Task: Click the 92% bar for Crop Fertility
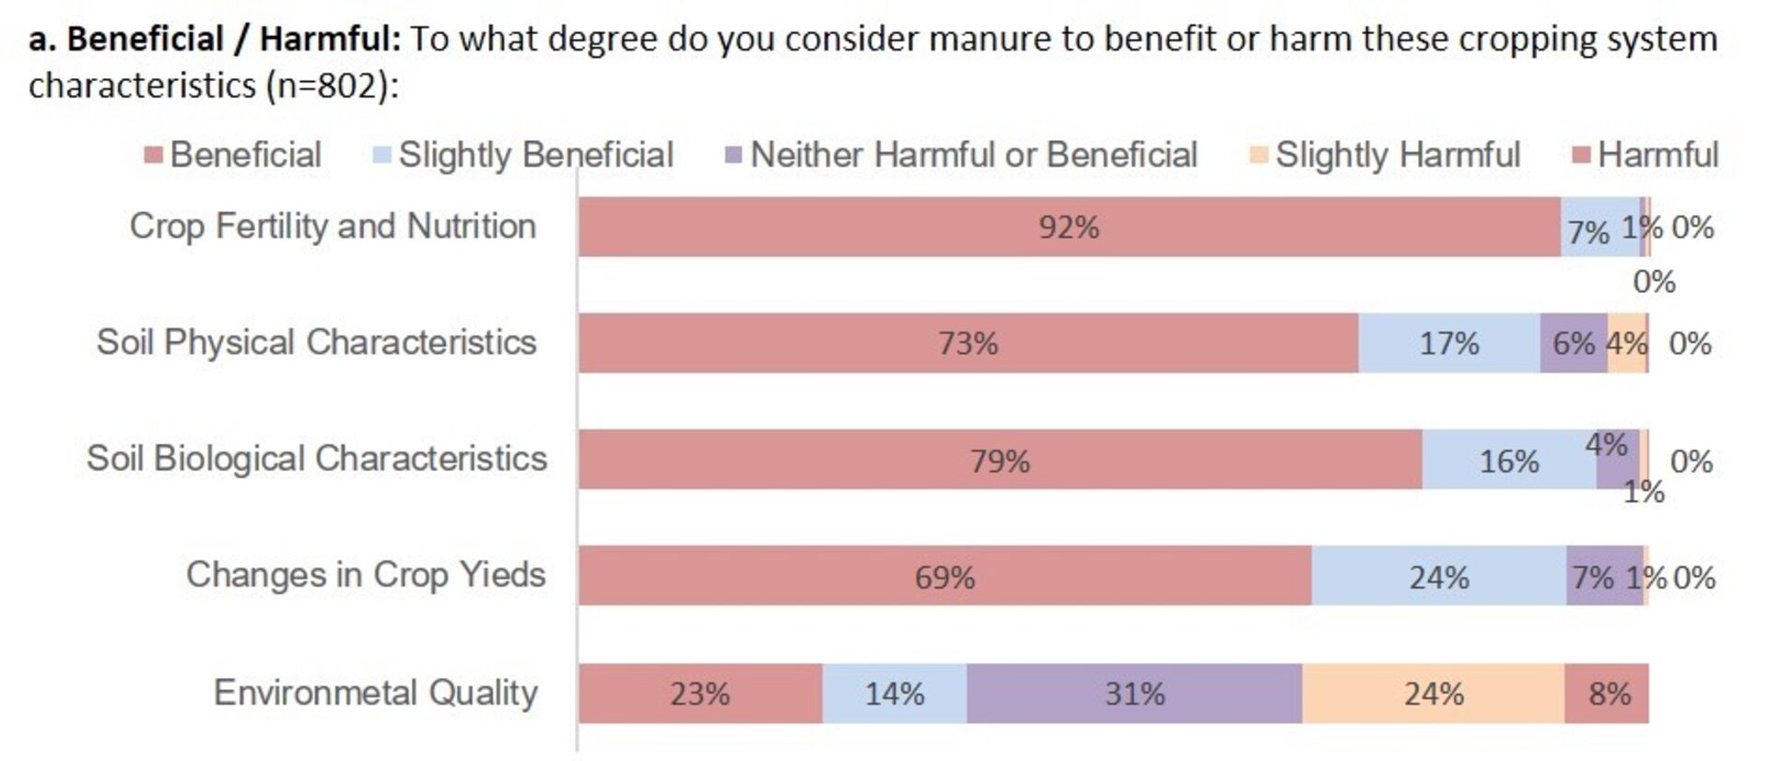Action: click(1069, 227)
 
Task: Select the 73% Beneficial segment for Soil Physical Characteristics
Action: click(967, 343)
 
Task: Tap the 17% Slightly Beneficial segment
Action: click(1448, 343)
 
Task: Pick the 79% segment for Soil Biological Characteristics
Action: click(1000, 460)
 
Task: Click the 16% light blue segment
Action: click(1508, 460)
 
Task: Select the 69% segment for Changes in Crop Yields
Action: click(944, 577)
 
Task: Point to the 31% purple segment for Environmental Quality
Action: click(1134, 693)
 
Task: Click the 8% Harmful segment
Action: click(1608, 693)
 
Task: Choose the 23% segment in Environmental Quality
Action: click(700, 693)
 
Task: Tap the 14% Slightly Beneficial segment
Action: click(894, 693)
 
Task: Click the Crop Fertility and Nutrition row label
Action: click(332, 227)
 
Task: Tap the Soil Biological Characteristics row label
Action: click(316, 459)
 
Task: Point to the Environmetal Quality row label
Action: click(375, 693)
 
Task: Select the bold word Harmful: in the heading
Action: click(329, 39)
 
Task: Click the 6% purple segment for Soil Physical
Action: click(1573, 343)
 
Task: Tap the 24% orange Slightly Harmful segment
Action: click(1433, 693)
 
